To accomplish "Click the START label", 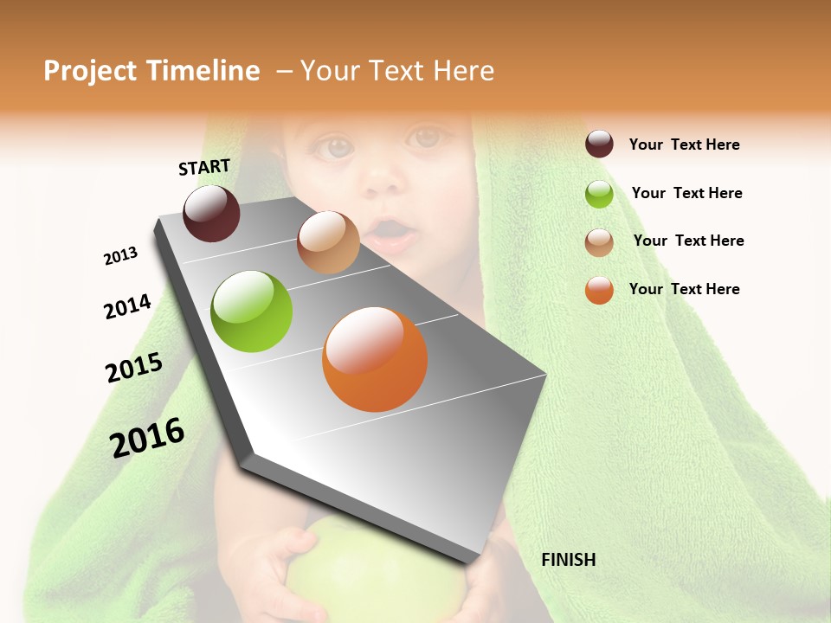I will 204,167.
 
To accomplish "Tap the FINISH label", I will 568,560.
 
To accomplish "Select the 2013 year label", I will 121,256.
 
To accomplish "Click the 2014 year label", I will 127,306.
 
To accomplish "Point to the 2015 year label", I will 134,368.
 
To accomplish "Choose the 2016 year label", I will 147,437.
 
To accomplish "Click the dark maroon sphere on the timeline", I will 211,213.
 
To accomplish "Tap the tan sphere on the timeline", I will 328,242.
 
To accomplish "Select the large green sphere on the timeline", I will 252,311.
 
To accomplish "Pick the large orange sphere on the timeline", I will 375,359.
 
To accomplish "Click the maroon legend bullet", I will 599,145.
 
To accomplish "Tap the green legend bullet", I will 599,194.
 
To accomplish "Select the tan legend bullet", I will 599,242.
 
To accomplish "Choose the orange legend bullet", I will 599,290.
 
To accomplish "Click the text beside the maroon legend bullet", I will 684,145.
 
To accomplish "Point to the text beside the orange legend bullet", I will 684,289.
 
